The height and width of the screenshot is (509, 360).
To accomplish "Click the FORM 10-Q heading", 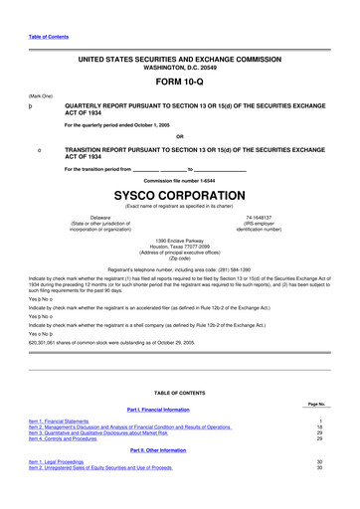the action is coord(179,83).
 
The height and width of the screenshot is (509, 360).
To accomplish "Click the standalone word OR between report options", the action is coord(179,136).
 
